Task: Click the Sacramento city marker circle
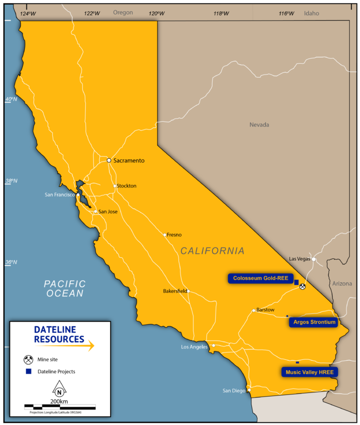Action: [x=109, y=160]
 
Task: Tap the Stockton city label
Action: [x=127, y=186]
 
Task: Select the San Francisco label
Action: [x=61, y=195]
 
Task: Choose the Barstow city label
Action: [x=265, y=310]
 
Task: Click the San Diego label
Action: [x=234, y=390]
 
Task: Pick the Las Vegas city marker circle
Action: [x=313, y=259]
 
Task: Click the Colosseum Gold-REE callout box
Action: [x=261, y=279]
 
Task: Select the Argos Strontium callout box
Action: [x=314, y=323]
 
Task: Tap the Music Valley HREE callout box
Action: [x=309, y=372]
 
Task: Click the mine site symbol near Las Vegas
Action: [x=303, y=286]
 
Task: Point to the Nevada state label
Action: [x=259, y=125]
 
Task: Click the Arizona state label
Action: [x=342, y=284]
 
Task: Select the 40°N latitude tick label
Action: [x=11, y=99]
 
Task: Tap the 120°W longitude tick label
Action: [x=157, y=13]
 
